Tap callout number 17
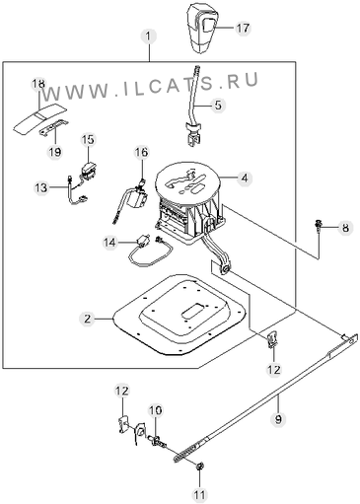[x=244, y=28]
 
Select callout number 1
[x=150, y=36]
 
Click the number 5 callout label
[x=218, y=106]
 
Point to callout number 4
[x=244, y=179]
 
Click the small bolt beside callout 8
[x=318, y=227]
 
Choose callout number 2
[x=87, y=319]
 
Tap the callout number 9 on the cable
[x=278, y=419]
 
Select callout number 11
[x=199, y=494]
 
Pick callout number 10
[x=155, y=410]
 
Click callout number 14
[x=110, y=243]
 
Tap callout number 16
[x=141, y=152]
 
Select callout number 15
[x=88, y=139]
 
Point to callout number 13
[x=41, y=188]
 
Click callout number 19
[x=55, y=152]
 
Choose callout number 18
[x=38, y=84]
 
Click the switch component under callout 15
[x=89, y=172]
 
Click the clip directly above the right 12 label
[x=272, y=339]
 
